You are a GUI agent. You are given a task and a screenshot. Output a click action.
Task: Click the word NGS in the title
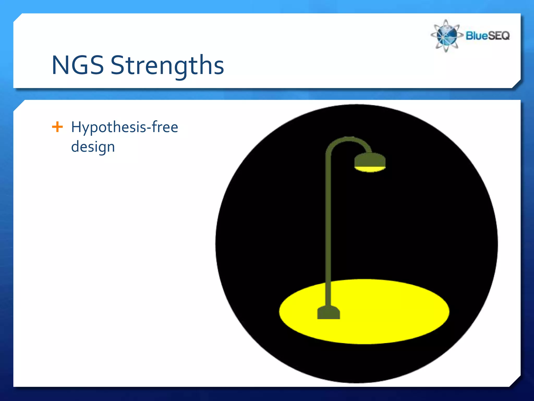(x=78, y=65)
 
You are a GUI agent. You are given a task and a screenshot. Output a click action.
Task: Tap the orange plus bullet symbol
(x=57, y=127)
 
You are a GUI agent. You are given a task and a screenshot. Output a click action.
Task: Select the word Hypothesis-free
(x=124, y=128)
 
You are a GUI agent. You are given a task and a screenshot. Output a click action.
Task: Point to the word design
(x=93, y=147)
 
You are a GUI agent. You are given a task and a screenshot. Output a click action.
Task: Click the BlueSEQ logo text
(x=487, y=36)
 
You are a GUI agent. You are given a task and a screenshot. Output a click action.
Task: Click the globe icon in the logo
(x=446, y=36)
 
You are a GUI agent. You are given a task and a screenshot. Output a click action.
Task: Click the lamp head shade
(x=370, y=160)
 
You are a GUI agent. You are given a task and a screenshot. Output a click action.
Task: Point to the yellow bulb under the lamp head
(x=370, y=169)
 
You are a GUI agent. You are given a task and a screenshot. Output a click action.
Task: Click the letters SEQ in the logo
(x=498, y=36)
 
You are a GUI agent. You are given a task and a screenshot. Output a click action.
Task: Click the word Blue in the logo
(x=476, y=36)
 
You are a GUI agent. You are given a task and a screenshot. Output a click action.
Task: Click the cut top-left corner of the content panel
(x=18, y=105)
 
